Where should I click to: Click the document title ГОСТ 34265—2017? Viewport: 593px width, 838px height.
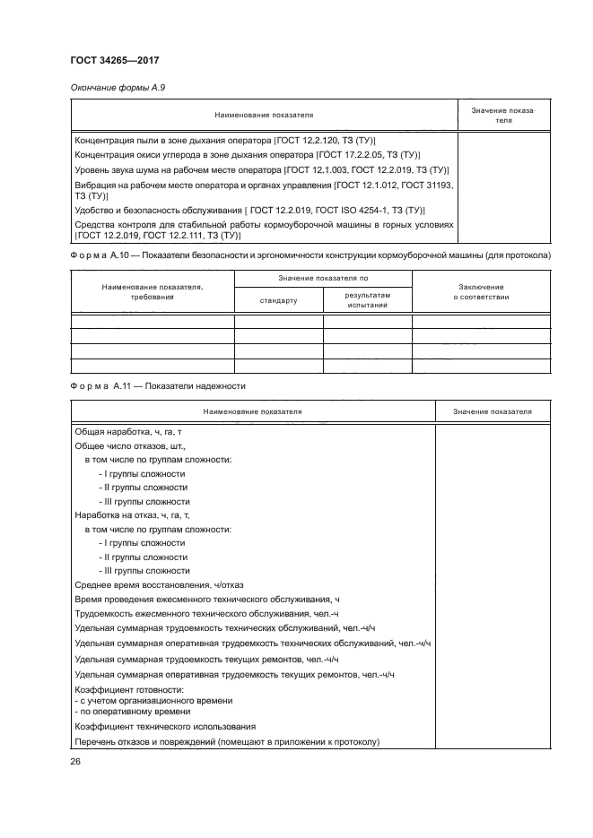[116, 60]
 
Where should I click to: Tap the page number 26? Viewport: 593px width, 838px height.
[75, 762]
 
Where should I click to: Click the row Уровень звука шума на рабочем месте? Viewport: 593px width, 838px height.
[262, 169]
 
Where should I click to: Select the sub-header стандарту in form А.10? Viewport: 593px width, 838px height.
[278, 300]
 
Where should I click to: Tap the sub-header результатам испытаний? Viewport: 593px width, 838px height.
[367, 300]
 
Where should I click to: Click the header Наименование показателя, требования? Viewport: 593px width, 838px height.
[152, 290]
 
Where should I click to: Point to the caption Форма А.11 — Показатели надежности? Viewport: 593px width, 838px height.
[157, 385]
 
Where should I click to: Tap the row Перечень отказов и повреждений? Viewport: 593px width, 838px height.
[228, 741]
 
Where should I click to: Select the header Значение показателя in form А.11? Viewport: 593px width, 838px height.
[492, 411]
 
